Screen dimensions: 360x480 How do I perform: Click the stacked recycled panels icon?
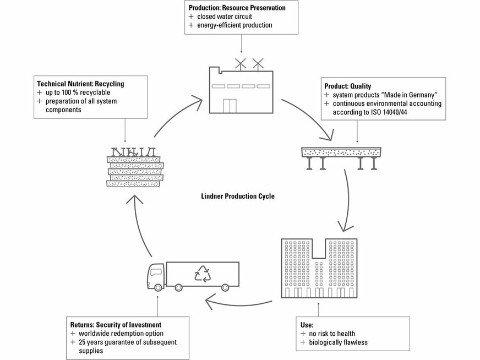134,168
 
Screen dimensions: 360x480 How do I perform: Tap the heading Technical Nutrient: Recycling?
80,84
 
